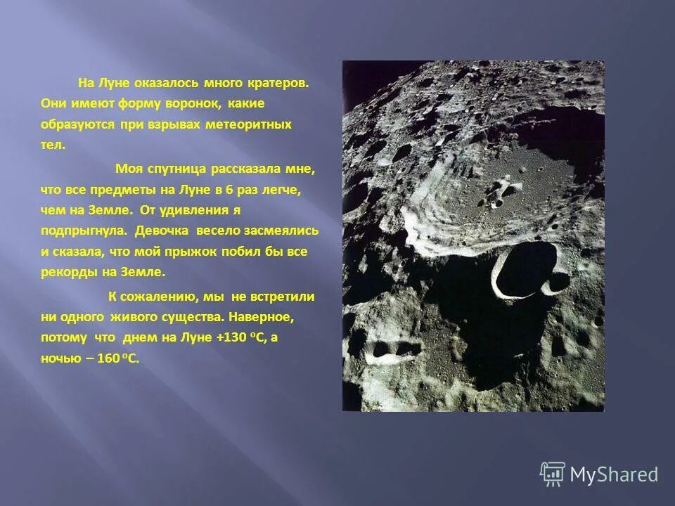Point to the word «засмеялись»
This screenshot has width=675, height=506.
click(281, 231)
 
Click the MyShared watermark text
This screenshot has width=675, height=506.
click(614, 474)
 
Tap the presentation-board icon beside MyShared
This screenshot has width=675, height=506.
click(553, 474)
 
